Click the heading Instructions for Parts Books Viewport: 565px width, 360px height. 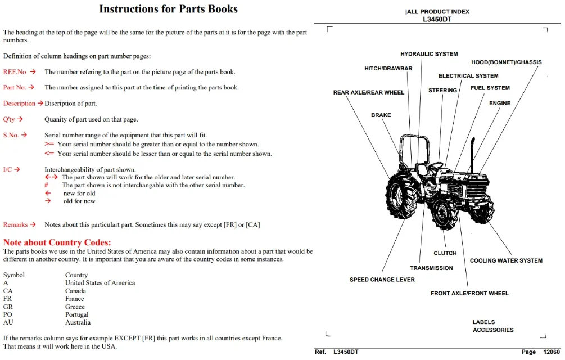[168, 9]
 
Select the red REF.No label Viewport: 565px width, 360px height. [15, 71]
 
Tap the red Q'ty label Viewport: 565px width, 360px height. [9, 119]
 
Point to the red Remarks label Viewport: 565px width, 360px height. [16, 224]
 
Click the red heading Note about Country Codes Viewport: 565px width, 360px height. [57, 242]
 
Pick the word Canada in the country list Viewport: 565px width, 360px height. [75, 291]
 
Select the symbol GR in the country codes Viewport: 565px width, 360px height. [8, 307]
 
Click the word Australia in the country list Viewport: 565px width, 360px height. [78, 322]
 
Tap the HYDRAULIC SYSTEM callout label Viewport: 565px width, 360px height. [429, 54]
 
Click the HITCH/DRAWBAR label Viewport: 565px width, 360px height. [388, 69]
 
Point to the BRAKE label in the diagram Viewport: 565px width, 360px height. [381, 115]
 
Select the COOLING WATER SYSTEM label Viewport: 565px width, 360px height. [506, 260]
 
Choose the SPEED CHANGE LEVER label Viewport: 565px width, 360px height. [382, 280]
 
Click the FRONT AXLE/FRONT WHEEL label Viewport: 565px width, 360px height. [469, 293]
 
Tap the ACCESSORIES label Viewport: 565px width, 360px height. [493, 330]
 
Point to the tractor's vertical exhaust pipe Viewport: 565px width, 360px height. [472, 154]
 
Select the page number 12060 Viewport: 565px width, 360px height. [552, 352]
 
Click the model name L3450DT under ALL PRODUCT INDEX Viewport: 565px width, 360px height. [437, 20]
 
